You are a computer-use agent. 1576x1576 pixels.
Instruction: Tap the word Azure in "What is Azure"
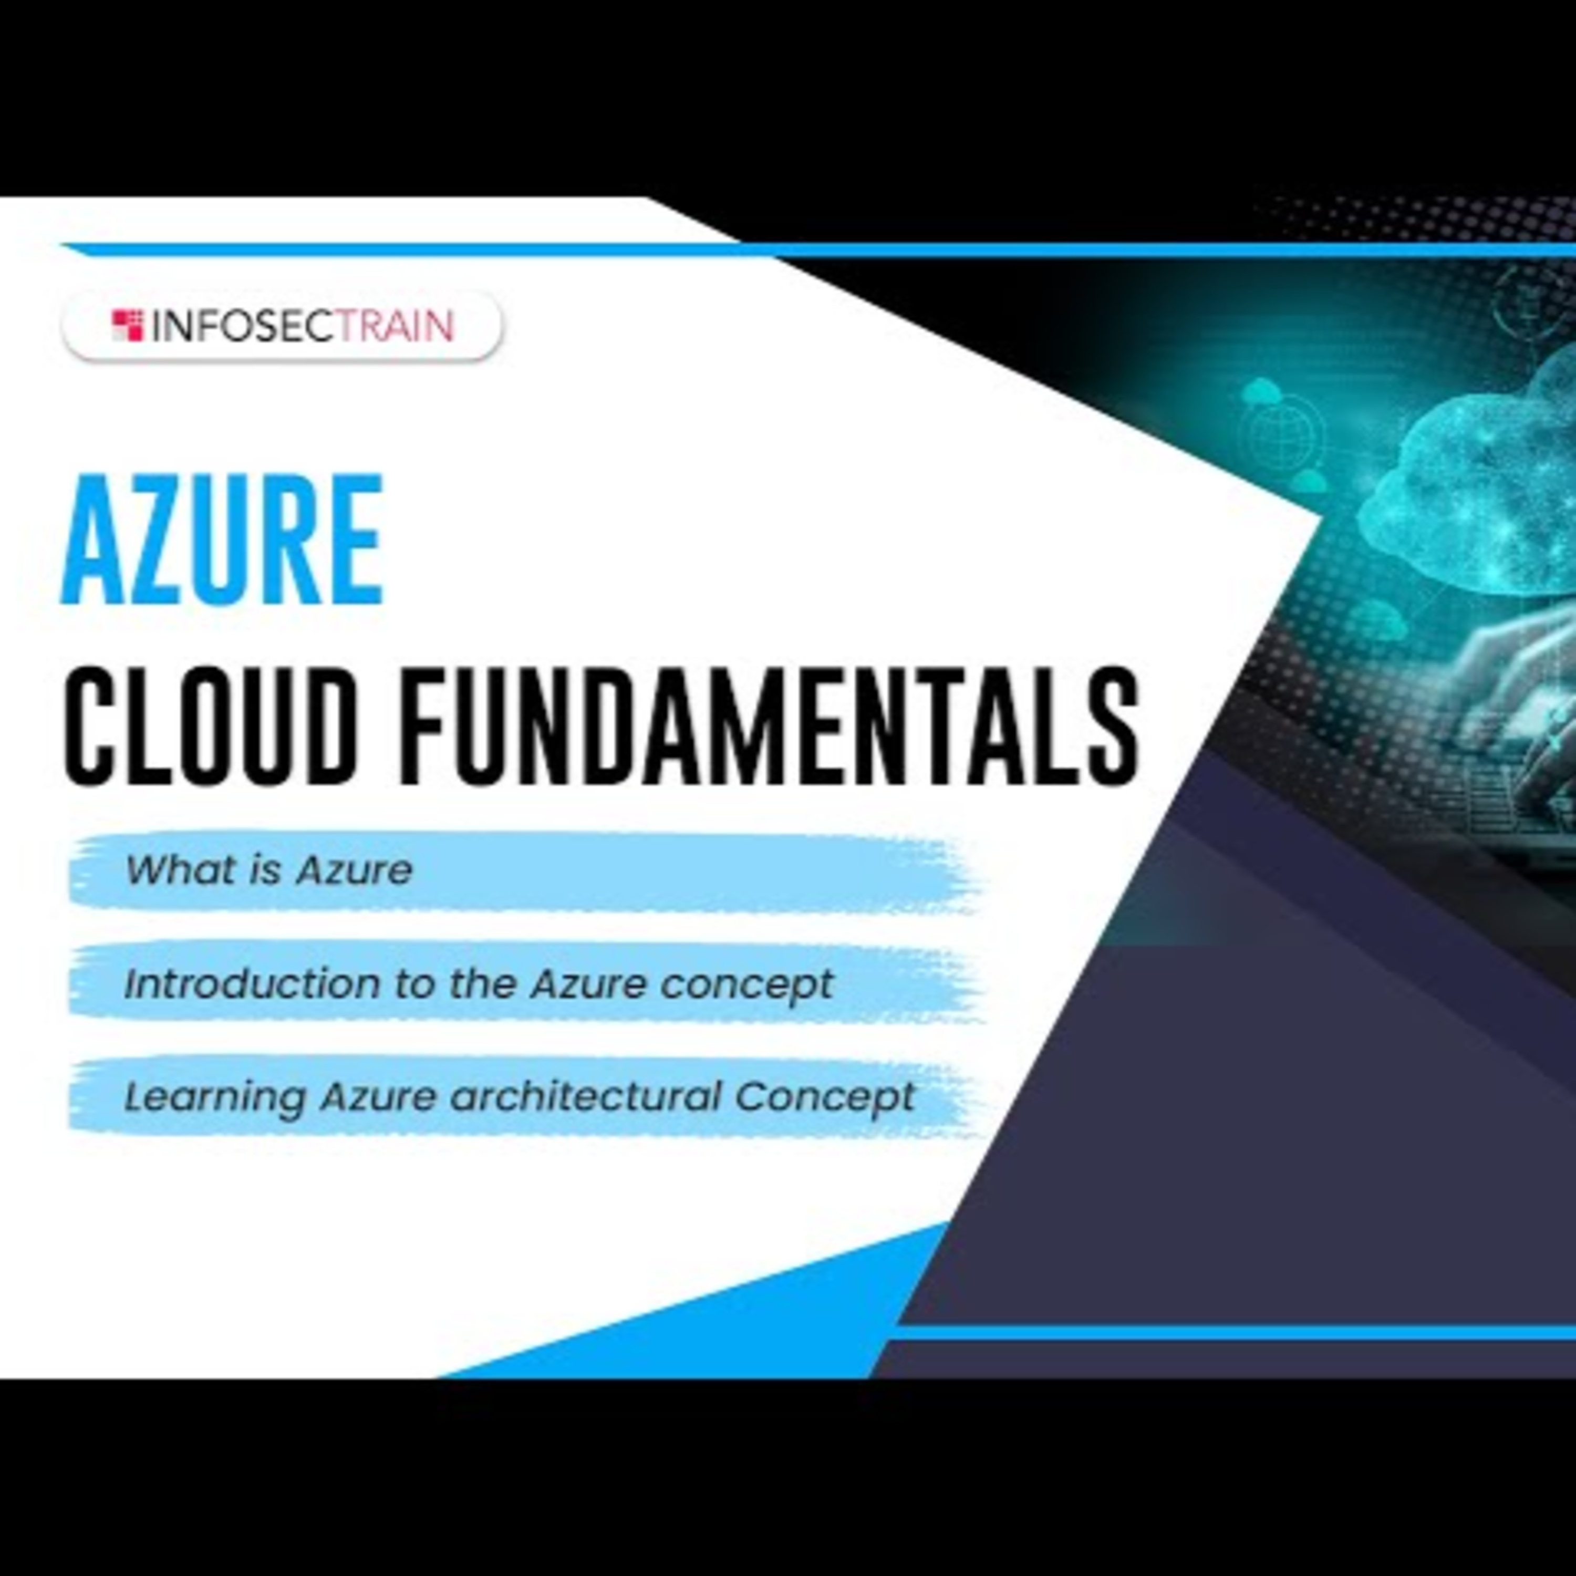354,869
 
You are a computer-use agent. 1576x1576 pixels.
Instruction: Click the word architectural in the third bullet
585,1096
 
